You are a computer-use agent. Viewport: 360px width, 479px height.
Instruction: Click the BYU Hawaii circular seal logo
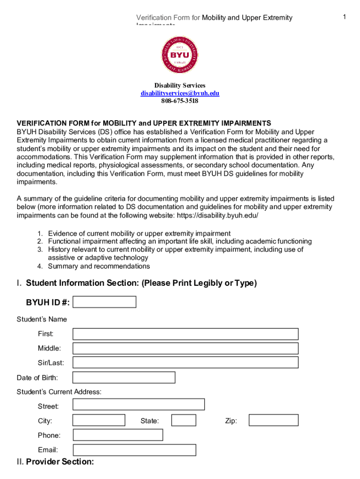[x=180, y=55]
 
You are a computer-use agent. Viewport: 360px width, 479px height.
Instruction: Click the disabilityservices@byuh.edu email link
[x=180, y=93]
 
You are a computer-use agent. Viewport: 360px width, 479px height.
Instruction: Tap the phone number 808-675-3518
[x=180, y=101]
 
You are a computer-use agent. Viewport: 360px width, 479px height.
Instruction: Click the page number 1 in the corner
[x=344, y=17]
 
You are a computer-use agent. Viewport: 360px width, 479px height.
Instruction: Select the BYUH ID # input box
[x=105, y=302]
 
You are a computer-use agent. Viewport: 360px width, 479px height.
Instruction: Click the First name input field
[x=185, y=334]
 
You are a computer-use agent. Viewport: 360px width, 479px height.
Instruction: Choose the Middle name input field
[x=185, y=348]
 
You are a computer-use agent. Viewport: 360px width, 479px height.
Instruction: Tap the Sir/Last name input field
[x=185, y=363]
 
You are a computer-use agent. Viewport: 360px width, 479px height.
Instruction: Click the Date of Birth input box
[x=124, y=377]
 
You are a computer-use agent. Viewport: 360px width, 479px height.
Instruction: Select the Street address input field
[x=139, y=405]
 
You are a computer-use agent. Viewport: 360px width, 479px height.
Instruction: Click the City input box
[x=99, y=421]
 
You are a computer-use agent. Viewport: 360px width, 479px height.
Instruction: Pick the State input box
[x=183, y=421]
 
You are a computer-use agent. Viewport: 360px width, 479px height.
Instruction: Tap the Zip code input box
[x=273, y=421]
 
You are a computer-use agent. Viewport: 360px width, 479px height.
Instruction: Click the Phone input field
[x=118, y=435]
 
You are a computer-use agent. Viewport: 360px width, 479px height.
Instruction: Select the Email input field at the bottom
[x=135, y=450]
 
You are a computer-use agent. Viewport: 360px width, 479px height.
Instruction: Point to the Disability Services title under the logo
[x=180, y=86]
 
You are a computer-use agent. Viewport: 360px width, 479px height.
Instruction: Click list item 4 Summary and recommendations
[x=99, y=266]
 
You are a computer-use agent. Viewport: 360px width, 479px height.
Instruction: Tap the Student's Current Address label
[x=59, y=392]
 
